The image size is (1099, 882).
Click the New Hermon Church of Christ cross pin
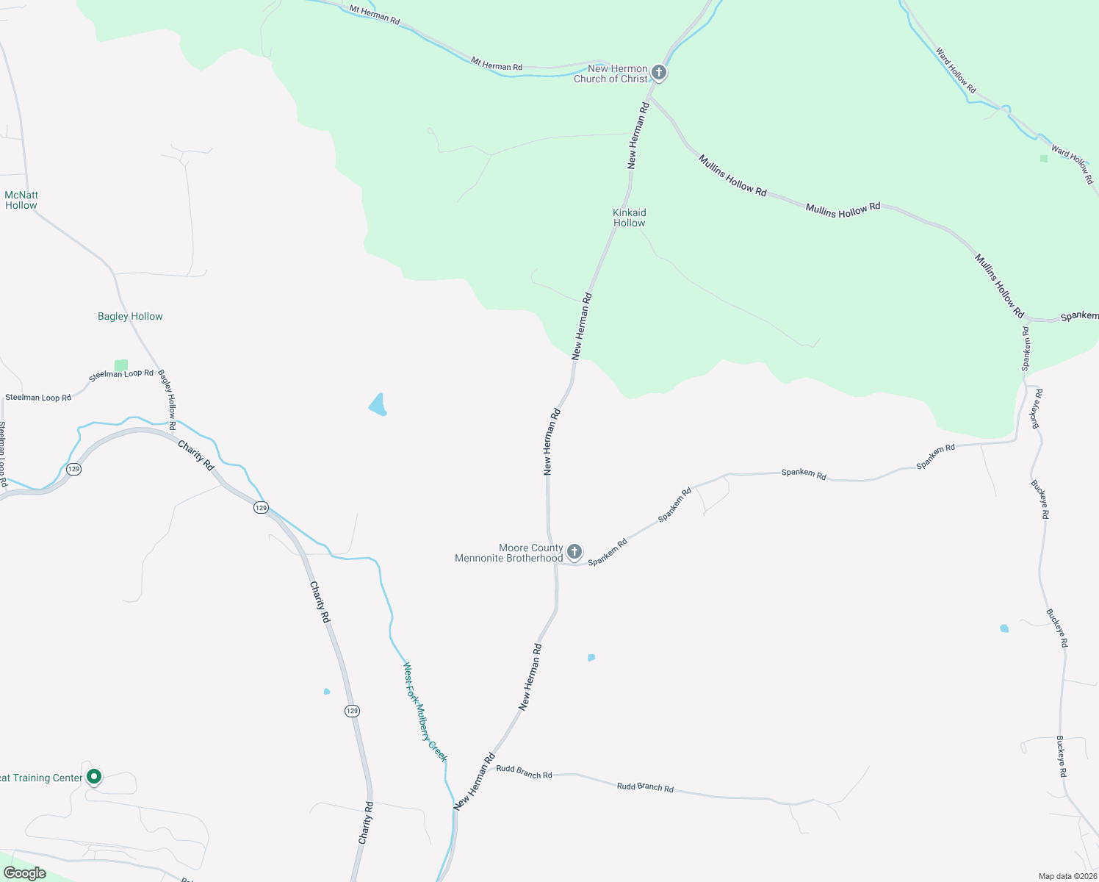(659, 73)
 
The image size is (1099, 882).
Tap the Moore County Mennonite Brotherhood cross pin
(574, 551)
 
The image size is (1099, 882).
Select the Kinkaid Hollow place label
(630, 218)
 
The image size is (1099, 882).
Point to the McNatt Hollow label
(21, 200)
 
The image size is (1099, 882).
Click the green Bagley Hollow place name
(130, 316)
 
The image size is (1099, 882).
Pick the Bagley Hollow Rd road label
(167, 399)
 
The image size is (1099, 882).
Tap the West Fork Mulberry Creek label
(425, 711)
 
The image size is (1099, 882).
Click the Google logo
(25, 873)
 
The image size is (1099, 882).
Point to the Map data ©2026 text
(1067, 876)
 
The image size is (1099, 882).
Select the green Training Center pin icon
(94, 776)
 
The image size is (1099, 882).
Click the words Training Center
(41, 778)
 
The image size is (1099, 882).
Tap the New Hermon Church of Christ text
(611, 73)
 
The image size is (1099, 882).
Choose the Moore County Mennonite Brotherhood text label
(509, 553)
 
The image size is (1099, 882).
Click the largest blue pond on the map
(378, 405)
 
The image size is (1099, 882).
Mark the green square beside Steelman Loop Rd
(121, 365)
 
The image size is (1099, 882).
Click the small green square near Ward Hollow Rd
(1044, 158)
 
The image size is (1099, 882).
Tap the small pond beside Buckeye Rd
(1004, 628)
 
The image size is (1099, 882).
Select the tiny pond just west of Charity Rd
(327, 691)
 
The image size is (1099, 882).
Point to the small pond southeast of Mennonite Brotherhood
(591, 657)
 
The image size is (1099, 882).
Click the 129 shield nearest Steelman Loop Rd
(73, 469)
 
